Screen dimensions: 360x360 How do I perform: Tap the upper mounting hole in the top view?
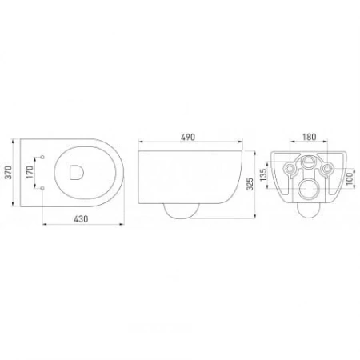click(x=42, y=156)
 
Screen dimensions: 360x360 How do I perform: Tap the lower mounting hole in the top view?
click(x=42, y=186)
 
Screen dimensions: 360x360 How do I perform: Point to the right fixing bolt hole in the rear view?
click(x=327, y=169)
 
